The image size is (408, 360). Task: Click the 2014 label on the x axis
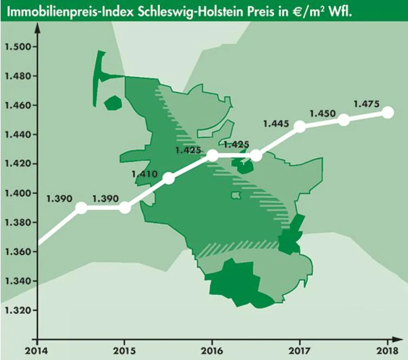pos(37,352)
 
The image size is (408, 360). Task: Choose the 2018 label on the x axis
pos(387,352)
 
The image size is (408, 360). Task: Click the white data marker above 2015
pos(125,208)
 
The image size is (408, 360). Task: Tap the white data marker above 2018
pos(387,112)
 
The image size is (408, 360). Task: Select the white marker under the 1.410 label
pos(169,179)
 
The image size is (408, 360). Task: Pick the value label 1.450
pos(323,114)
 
